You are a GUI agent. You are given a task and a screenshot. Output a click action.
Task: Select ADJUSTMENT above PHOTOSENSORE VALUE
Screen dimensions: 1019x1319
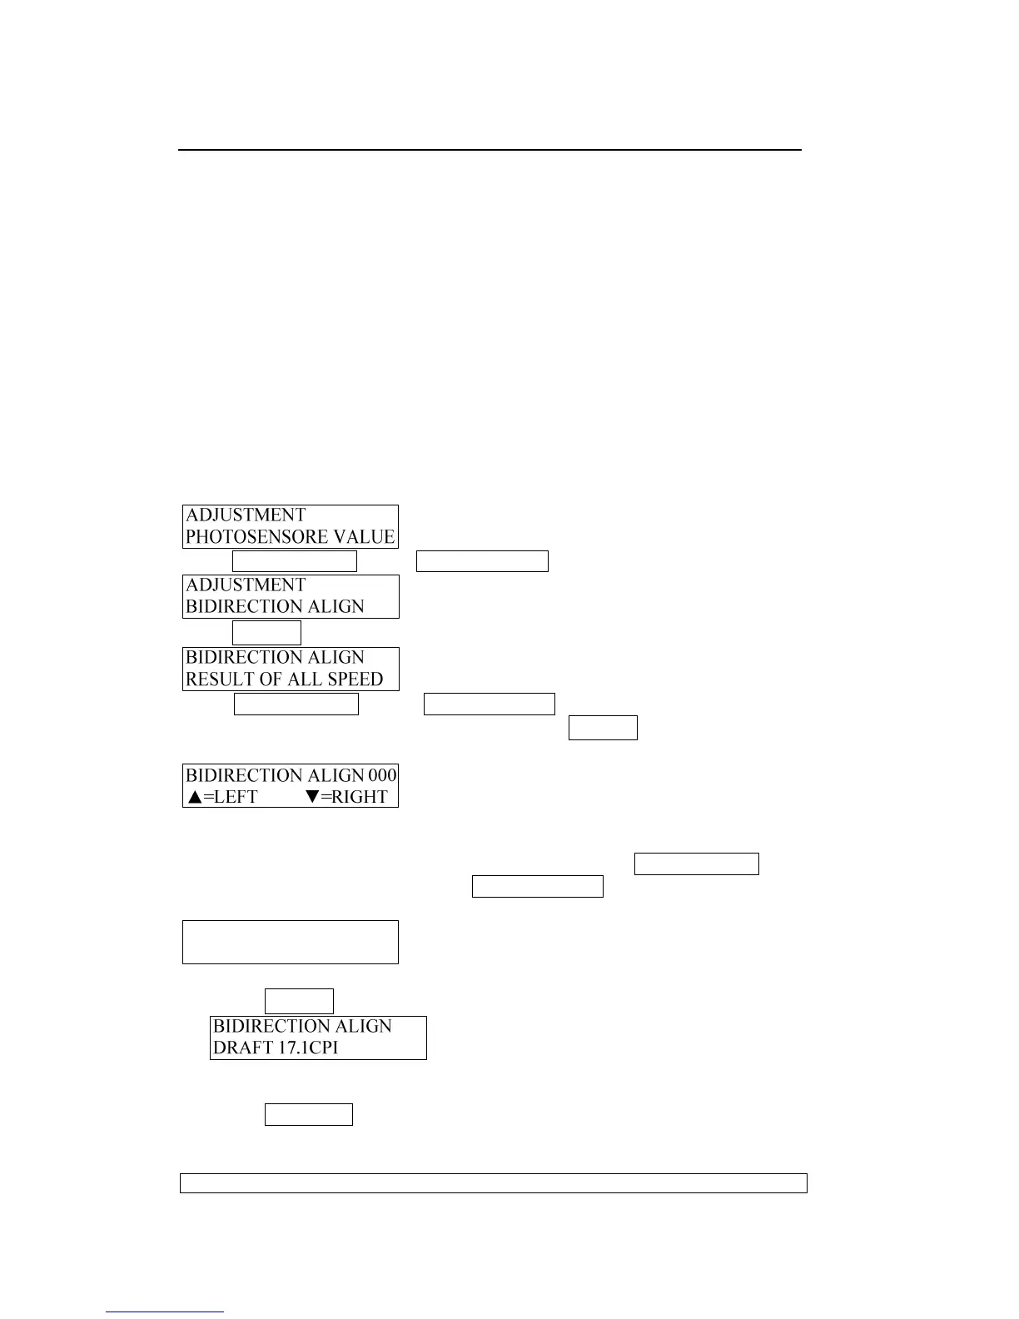click(x=246, y=515)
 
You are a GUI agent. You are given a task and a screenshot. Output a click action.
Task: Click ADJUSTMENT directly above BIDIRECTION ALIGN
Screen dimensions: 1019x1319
click(x=246, y=585)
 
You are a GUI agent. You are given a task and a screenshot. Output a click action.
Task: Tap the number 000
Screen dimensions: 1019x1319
click(x=382, y=775)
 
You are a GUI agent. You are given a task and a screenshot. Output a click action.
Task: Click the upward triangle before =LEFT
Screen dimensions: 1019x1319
click(x=194, y=797)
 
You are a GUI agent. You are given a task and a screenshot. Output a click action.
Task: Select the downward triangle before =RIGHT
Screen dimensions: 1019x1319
click(x=312, y=797)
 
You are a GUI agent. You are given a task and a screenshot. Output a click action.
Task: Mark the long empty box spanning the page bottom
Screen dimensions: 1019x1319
click(x=493, y=1182)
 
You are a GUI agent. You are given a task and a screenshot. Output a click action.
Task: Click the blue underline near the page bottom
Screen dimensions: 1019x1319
click(x=164, y=1312)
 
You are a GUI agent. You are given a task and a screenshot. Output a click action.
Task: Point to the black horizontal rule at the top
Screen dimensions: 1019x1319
click(x=490, y=150)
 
